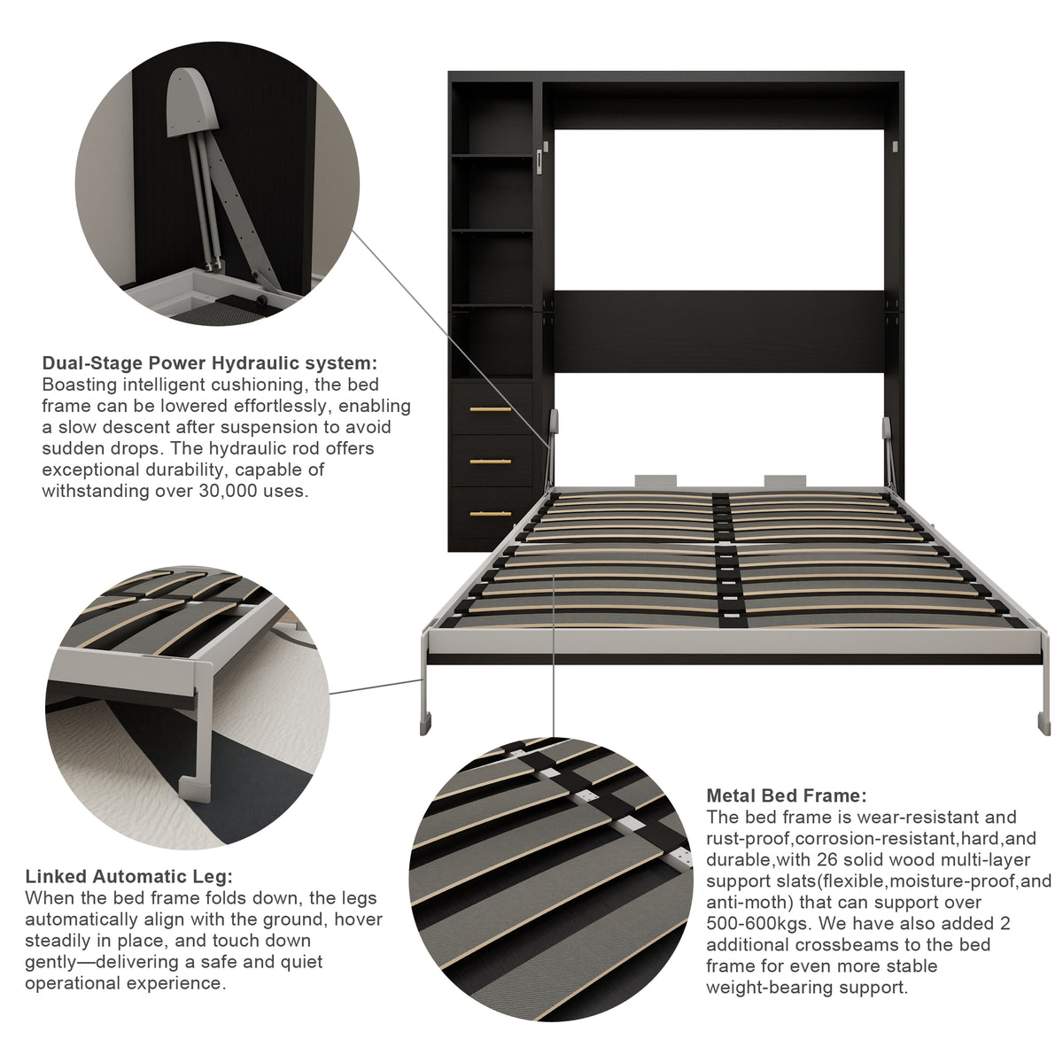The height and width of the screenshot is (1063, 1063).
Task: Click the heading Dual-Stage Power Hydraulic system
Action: pyautogui.click(x=210, y=363)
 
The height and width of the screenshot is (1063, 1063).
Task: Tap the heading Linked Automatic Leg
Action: pyautogui.click(x=129, y=877)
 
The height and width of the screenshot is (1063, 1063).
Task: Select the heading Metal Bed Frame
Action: pyautogui.click(x=787, y=795)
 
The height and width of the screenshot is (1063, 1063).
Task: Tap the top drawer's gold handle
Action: pyautogui.click(x=491, y=409)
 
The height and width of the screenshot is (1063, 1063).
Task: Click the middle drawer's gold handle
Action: pyautogui.click(x=491, y=462)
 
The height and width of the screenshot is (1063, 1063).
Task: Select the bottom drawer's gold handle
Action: pyautogui.click(x=491, y=514)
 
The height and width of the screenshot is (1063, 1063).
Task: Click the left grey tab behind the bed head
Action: pyautogui.click(x=656, y=480)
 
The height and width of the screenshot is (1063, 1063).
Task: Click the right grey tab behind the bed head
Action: pyautogui.click(x=785, y=480)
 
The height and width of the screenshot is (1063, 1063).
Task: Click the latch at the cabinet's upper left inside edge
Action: pyautogui.click(x=539, y=162)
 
